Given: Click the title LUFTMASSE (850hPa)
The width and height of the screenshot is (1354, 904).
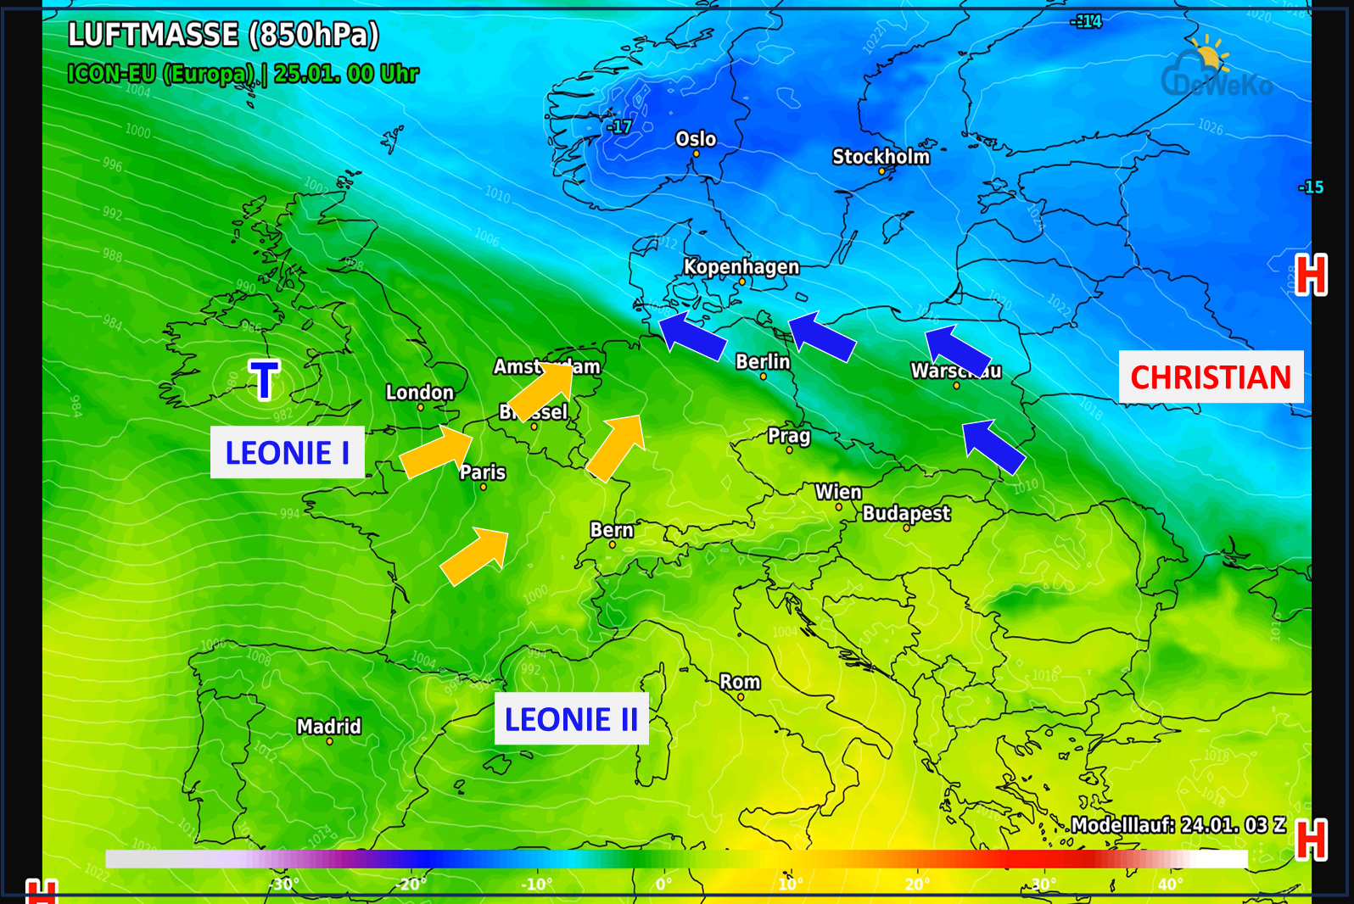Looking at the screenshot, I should click(223, 35).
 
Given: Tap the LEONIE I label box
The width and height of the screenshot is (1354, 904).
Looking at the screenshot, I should click(288, 453).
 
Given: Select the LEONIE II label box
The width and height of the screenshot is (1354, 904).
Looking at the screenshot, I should click(571, 719).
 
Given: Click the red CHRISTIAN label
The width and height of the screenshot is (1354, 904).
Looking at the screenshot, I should click(1211, 377).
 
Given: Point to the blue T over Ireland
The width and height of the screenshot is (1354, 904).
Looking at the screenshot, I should click(264, 380).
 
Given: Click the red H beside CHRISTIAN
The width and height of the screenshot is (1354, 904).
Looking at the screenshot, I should click(1311, 276).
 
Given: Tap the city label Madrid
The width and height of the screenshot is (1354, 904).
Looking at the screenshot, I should click(328, 727).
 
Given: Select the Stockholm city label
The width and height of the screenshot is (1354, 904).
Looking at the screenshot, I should click(881, 157).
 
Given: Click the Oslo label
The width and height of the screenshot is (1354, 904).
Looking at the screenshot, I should click(696, 139).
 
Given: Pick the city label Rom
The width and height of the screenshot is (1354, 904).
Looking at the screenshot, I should click(740, 682).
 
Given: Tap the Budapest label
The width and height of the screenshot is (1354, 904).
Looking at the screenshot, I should click(906, 513).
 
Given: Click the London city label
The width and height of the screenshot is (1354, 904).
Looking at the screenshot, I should click(420, 393).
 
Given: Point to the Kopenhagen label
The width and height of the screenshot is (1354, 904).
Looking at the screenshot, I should click(741, 267).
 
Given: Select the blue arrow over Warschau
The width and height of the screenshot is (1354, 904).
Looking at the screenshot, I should click(956, 349).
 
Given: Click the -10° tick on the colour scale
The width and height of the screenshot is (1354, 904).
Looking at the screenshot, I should click(537, 884).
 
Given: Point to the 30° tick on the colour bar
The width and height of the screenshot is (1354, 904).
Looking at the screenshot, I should click(1043, 884).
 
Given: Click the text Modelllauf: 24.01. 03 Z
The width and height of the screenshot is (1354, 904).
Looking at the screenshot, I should click(1178, 825).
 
